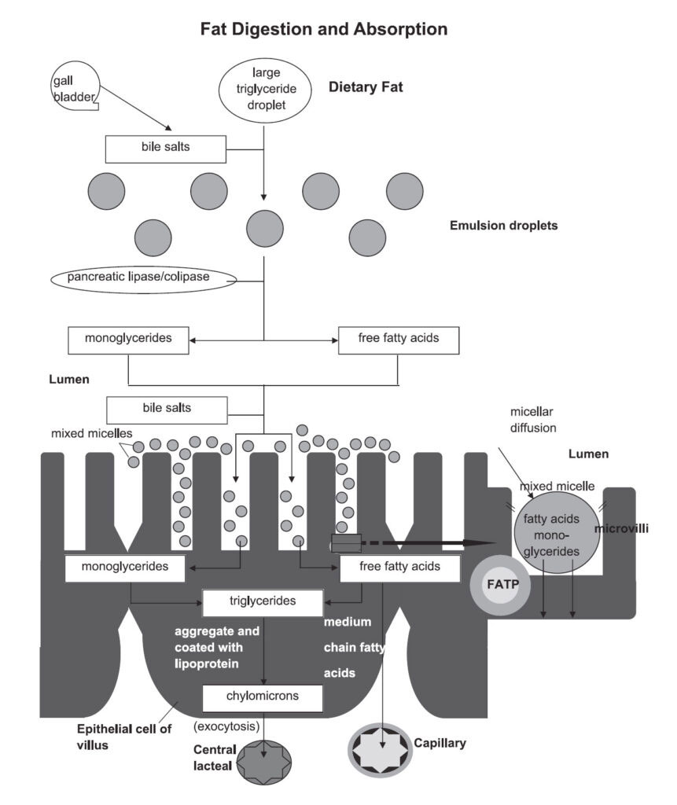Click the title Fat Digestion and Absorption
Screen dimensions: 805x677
tap(324, 30)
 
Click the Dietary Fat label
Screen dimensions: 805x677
tap(366, 88)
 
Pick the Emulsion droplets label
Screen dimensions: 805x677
tap(503, 226)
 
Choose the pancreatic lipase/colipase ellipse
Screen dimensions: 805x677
tap(142, 278)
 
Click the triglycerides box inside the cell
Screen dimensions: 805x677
tap(263, 602)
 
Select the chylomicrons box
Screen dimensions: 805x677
tap(263, 697)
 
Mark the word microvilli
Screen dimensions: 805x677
tap(620, 527)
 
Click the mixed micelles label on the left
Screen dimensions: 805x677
tap(84, 433)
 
